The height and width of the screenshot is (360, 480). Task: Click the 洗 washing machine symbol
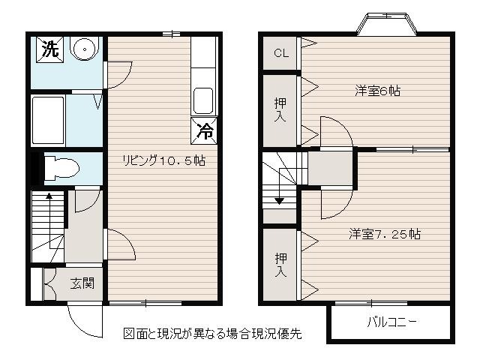click(x=50, y=49)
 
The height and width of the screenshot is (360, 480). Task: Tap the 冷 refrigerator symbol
click(x=204, y=130)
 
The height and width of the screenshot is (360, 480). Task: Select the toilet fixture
click(x=61, y=168)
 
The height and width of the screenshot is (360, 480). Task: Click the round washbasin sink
click(x=85, y=48)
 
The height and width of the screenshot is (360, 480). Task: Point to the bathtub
click(x=48, y=120)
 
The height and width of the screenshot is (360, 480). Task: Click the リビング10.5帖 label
click(x=163, y=160)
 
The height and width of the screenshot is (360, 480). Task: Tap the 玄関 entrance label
click(x=82, y=283)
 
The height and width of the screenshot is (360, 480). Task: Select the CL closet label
click(x=281, y=53)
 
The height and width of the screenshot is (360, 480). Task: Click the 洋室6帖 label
click(x=377, y=91)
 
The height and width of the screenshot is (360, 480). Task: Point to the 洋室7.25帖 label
click(x=385, y=234)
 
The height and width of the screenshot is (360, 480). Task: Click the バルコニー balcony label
click(x=391, y=322)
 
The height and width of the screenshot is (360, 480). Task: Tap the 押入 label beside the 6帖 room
click(x=280, y=109)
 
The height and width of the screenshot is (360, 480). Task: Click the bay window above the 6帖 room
click(x=387, y=24)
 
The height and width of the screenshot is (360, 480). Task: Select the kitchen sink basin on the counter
click(x=203, y=101)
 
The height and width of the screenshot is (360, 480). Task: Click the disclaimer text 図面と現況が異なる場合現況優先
click(x=212, y=334)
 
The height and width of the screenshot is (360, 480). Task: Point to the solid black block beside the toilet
click(x=34, y=168)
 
